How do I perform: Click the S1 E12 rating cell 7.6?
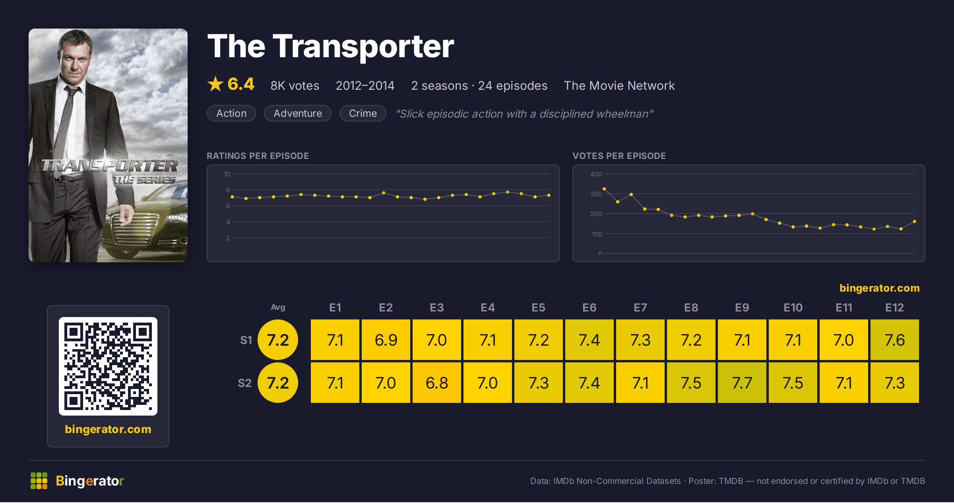894,340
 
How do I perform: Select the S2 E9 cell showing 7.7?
742,383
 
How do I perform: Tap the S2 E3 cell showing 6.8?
436,383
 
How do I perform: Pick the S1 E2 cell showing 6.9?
386,340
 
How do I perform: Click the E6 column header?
589,308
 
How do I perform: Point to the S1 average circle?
278,340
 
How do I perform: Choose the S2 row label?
244,383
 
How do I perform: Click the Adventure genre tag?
298,113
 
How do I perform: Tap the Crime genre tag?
363,113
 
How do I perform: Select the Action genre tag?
231,113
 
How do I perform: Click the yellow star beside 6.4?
215,84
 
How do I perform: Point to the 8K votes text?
295,86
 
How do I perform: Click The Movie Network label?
619,86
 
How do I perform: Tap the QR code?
108,366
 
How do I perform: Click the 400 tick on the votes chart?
596,174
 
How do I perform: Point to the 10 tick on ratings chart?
227,174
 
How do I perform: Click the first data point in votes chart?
604,189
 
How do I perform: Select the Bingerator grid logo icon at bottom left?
39,481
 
